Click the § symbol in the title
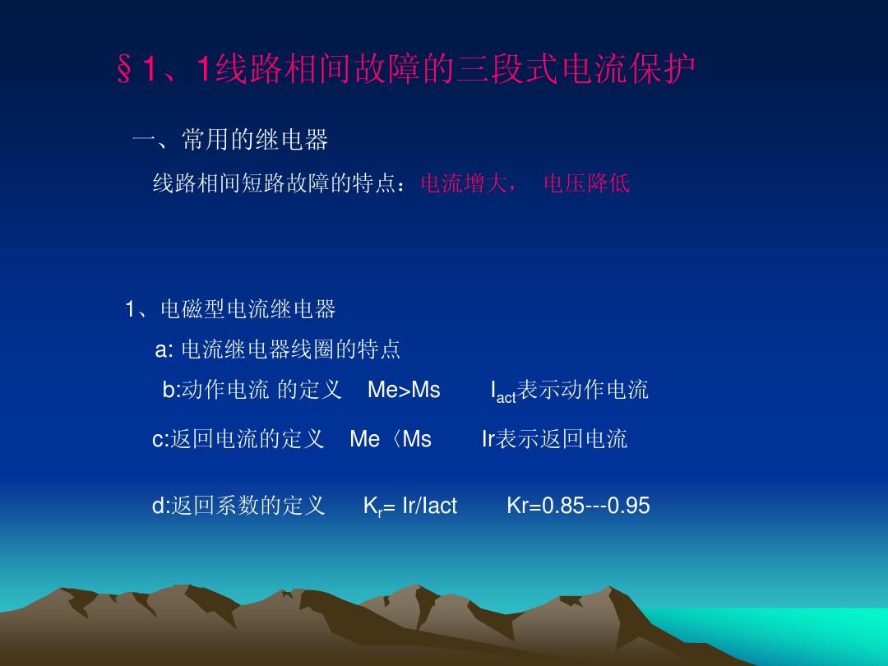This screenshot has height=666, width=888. [x=125, y=70]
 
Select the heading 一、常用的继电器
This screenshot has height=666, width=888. [x=230, y=139]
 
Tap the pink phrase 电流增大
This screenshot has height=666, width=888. [x=464, y=183]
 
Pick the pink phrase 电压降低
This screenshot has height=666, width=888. [x=587, y=183]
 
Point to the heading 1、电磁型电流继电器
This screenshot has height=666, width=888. [x=230, y=309]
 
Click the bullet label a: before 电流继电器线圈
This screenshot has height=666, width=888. [x=164, y=349]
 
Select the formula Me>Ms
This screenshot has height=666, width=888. [x=404, y=390]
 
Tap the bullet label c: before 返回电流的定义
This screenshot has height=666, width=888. [x=160, y=439]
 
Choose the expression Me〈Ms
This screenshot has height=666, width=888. [x=391, y=439]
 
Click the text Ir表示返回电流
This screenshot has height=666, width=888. [x=554, y=439]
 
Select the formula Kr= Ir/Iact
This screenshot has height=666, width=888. [x=410, y=506]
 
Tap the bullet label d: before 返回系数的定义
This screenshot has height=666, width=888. [x=161, y=505]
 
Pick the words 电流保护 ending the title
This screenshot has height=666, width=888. [x=629, y=69]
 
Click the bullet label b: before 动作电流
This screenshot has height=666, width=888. [x=171, y=390]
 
